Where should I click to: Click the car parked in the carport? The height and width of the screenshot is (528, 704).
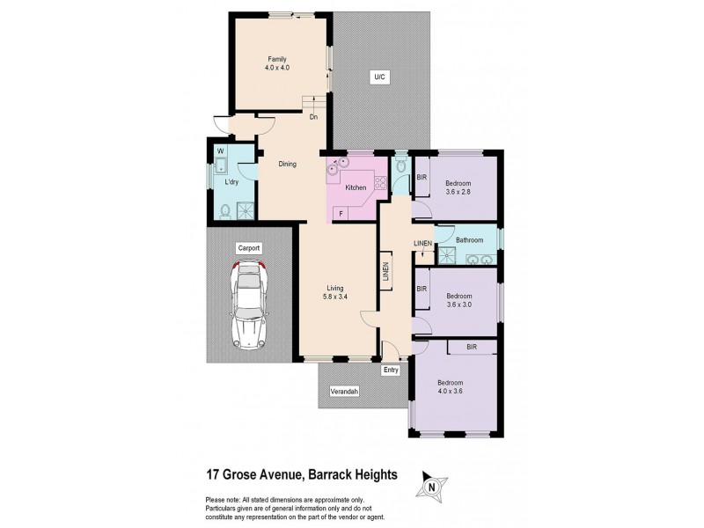(x=249, y=304)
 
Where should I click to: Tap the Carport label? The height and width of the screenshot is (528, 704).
(x=249, y=249)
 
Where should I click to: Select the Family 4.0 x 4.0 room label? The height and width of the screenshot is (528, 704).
(x=279, y=62)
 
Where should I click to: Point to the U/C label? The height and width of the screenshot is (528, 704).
(x=380, y=78)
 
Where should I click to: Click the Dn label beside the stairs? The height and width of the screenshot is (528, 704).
(x=312, y=116)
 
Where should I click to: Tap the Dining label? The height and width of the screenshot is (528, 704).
(x=287, y=164)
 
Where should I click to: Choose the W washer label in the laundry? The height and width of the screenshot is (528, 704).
(x=220, y=150)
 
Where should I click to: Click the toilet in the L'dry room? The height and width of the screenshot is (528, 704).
(x=225, y=210)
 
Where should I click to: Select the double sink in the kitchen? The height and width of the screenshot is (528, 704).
(x=339, y=165)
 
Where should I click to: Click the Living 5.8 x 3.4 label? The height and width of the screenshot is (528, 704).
(x=335, y=292)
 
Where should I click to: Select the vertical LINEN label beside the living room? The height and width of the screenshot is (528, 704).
(x=385, y=272)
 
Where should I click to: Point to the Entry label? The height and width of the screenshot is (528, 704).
(x=392, y=370)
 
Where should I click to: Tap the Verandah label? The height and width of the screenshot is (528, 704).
(x=344, y=391)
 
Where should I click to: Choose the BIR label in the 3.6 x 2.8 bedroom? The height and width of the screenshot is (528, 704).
(x=422, y=177)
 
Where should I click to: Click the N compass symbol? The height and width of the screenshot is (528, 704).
(x=430, y=485)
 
